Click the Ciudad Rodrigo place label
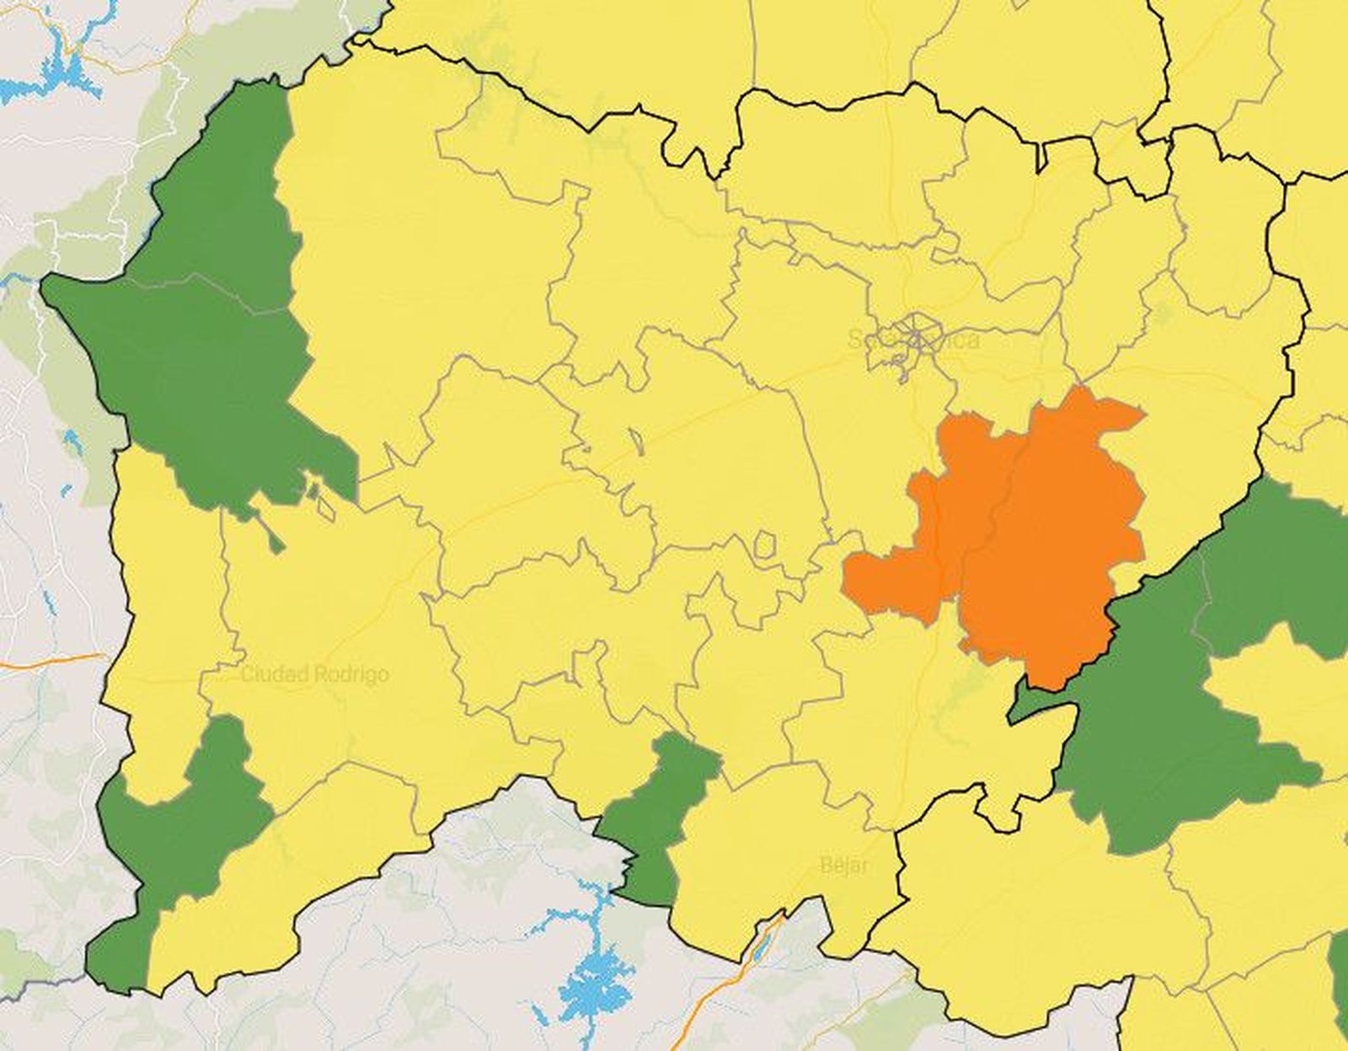pyautogui.click(x=315, y=674)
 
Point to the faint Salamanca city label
pyautogui.click(x=913, y=340)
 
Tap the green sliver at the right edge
pyautogui.click(x=1340, y=978)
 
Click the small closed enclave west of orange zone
pyautogui.click(x=764, y=544)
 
